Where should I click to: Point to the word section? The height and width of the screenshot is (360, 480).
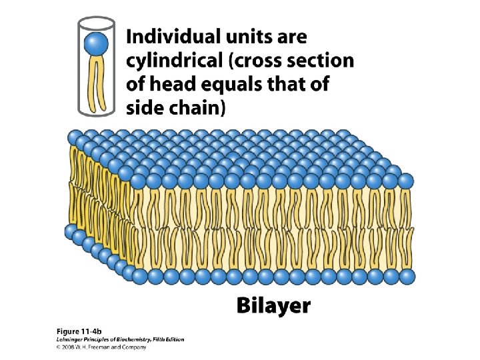(321, 61)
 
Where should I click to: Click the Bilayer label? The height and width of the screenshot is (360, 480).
(273, 306)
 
